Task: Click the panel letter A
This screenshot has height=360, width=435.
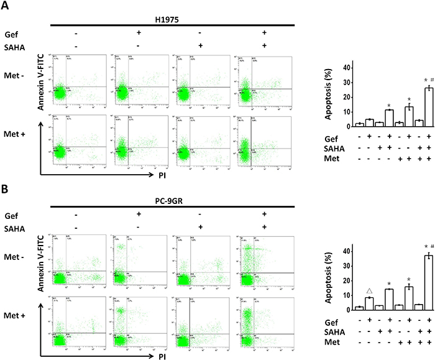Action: (x=7, y=6)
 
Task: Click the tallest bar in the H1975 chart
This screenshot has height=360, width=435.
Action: (x=411, y=106)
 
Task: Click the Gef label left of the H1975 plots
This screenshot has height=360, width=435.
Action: (x=11, y=33)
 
